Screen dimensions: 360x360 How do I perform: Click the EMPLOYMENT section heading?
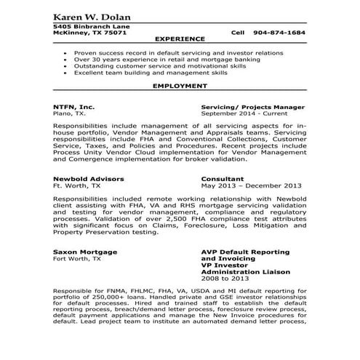pos(176,86)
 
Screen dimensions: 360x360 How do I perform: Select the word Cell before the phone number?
pos(239,33)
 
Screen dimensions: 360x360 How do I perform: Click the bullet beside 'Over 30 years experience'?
pos(67,60)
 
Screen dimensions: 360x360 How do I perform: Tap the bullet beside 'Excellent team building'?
pos(67,73)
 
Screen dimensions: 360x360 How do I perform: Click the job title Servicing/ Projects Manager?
pos(252,107)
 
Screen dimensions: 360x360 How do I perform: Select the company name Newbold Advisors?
pos(88,178)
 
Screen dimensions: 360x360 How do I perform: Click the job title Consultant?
pos(224,178)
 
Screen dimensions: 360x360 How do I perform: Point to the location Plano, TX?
pos(69,113)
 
